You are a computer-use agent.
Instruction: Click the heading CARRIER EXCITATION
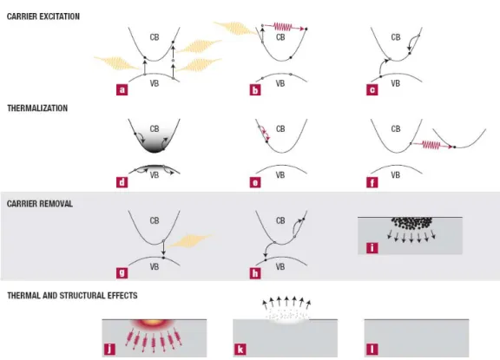(x=43, y=16)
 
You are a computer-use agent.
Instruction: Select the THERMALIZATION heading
(x=37, y=108)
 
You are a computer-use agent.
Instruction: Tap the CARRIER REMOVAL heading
(x=40, y=204)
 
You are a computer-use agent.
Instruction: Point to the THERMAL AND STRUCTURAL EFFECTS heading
(x=72, y=296)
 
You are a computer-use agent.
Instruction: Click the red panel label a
(x=122, y=90)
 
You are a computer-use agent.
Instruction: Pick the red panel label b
(x=255, y=90)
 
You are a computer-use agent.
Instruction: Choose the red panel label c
(x=372, y=90)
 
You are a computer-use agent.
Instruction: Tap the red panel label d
(x=122, y=182)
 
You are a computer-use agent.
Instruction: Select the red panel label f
(x=372, y=182)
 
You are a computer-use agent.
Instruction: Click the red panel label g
(x=122, y=273)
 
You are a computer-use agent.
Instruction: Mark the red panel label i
(x=372, y=248)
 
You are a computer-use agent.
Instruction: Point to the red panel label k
(x=240, y=350)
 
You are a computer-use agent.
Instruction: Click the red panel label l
(x=372, y=350)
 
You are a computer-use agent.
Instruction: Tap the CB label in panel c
(x=396, y=37)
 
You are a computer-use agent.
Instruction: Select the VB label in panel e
(x=280, y=175)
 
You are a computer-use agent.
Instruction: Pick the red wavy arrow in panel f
(x=432, y=145)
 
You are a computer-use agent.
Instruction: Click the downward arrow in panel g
(x=163, y=248)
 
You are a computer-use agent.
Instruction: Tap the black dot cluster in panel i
(x=411, y=223)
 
